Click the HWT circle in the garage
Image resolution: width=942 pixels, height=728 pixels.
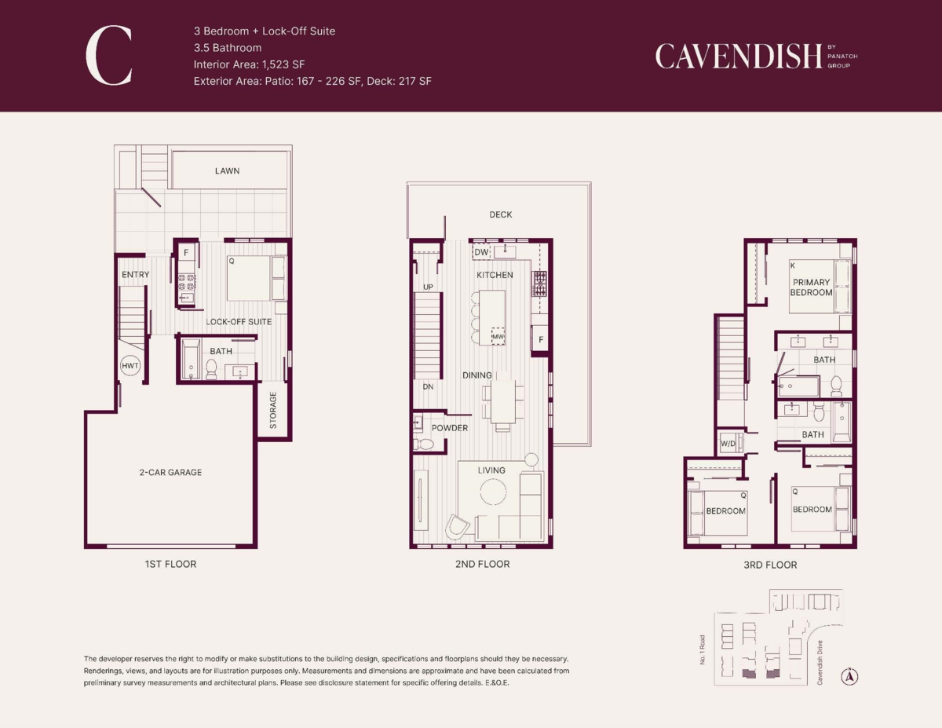tap(130, 365)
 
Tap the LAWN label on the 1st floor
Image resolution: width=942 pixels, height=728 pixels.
tap(227, 171)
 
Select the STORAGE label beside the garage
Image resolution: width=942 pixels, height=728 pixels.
tap(273, 410)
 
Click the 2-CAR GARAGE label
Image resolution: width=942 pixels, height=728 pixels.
tap(170, 472)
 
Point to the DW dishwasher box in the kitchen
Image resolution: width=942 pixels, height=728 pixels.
tap(481, 252)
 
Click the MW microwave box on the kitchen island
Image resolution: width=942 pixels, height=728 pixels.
tap(498, 336)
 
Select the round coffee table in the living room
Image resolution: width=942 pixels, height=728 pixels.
tap(493, 492)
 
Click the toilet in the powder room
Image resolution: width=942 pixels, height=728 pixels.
tap(424, 444)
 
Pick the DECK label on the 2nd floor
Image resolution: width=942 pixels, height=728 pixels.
tap(501, 214)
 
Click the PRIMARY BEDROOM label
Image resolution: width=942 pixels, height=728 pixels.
tap(811, 287)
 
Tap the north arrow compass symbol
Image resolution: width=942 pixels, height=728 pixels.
tap(849, 676)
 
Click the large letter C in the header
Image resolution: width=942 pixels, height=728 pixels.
tap(109, 55)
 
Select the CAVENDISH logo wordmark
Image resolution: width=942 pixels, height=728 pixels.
tap(739, 57)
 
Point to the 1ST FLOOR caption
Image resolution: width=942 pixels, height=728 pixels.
tap(170, 564)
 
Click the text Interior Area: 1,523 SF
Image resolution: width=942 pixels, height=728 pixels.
tap(250, 64)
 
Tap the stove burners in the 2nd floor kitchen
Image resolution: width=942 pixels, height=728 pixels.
tap(539, 284)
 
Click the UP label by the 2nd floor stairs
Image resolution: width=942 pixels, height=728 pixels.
tap(428, 287)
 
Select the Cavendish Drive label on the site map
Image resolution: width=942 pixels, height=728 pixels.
tap(820, 663)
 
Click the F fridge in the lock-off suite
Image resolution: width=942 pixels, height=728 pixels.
tap(186, 252)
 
